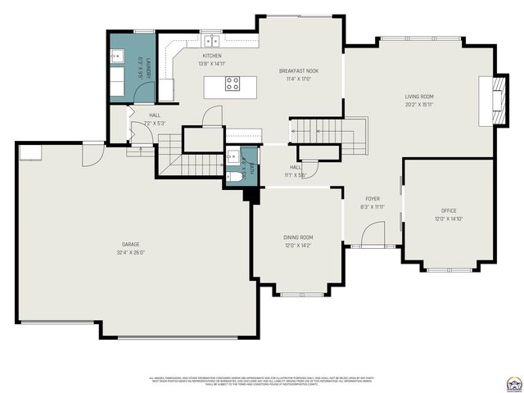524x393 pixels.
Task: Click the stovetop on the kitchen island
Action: pos(233,84)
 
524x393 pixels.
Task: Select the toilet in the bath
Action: pos(235,176)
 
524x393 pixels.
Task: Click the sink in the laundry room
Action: pos(117,57)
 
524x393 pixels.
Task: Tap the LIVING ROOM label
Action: pos(418,97)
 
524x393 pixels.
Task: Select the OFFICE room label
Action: pos(449,210)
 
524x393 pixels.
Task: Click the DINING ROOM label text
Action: pos(298,237)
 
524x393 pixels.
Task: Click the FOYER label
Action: pos(373,199)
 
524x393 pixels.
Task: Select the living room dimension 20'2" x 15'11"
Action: pos(418,105)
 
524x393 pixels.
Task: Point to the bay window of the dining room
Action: pos(298,293)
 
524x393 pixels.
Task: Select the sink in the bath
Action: pos(232,156)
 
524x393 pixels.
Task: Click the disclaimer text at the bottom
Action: pos(262,381)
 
